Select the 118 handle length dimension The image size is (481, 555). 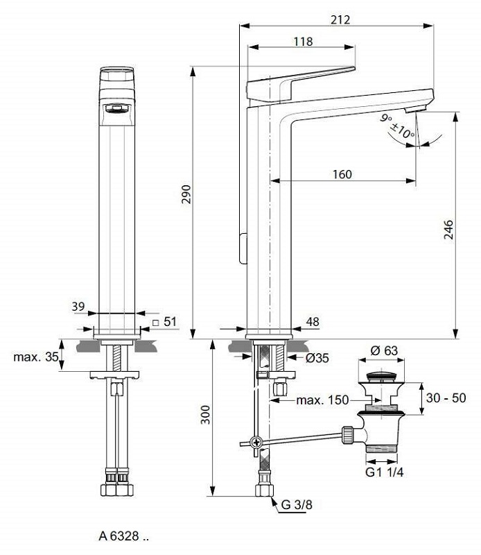click(x=302, y=42)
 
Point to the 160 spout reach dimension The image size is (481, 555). click(x=342, y=174)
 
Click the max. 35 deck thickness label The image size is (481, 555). click(x=34, y=357)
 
